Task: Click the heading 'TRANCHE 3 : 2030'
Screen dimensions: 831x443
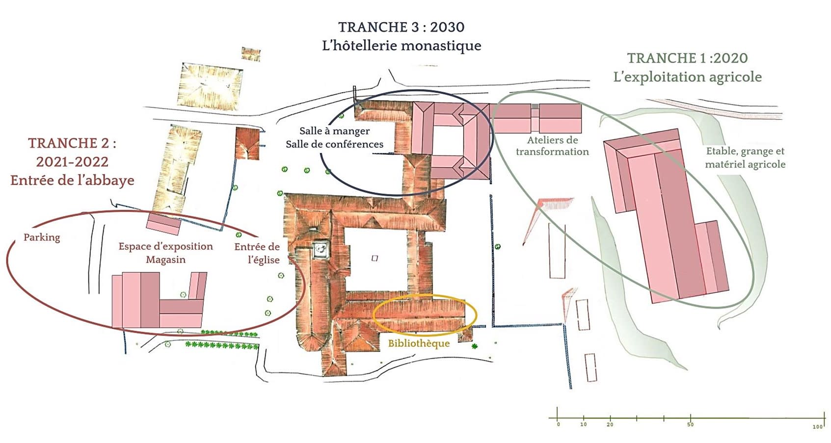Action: coord(401,27)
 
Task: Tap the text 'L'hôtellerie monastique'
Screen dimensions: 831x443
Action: coord(401,46)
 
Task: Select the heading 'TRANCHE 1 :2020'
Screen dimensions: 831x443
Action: coord(687,58)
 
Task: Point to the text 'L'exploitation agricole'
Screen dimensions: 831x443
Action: coord(687,77)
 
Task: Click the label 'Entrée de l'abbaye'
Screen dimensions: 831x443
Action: coord(72,181)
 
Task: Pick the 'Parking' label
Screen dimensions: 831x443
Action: coord(42,237)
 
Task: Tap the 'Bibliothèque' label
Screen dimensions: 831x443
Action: coord(419,343)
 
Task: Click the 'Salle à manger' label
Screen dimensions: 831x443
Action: coord(334,131)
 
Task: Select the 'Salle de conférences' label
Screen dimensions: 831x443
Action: coord(334,144)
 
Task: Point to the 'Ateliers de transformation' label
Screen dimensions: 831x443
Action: coord(552,146)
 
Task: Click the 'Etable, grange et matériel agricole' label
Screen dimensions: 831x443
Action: coord(745,157)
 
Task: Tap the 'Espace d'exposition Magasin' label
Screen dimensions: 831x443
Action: coord(165,253)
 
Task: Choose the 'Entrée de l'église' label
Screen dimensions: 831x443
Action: coord(257,253)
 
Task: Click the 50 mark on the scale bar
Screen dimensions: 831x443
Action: coord(690,424)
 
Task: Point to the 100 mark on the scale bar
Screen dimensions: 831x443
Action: coord(817,427)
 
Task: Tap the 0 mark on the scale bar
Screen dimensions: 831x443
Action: coord(558,424)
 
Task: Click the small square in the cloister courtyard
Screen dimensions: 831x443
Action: coord(375,258)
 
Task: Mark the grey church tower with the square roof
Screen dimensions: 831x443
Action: coord(322,249)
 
